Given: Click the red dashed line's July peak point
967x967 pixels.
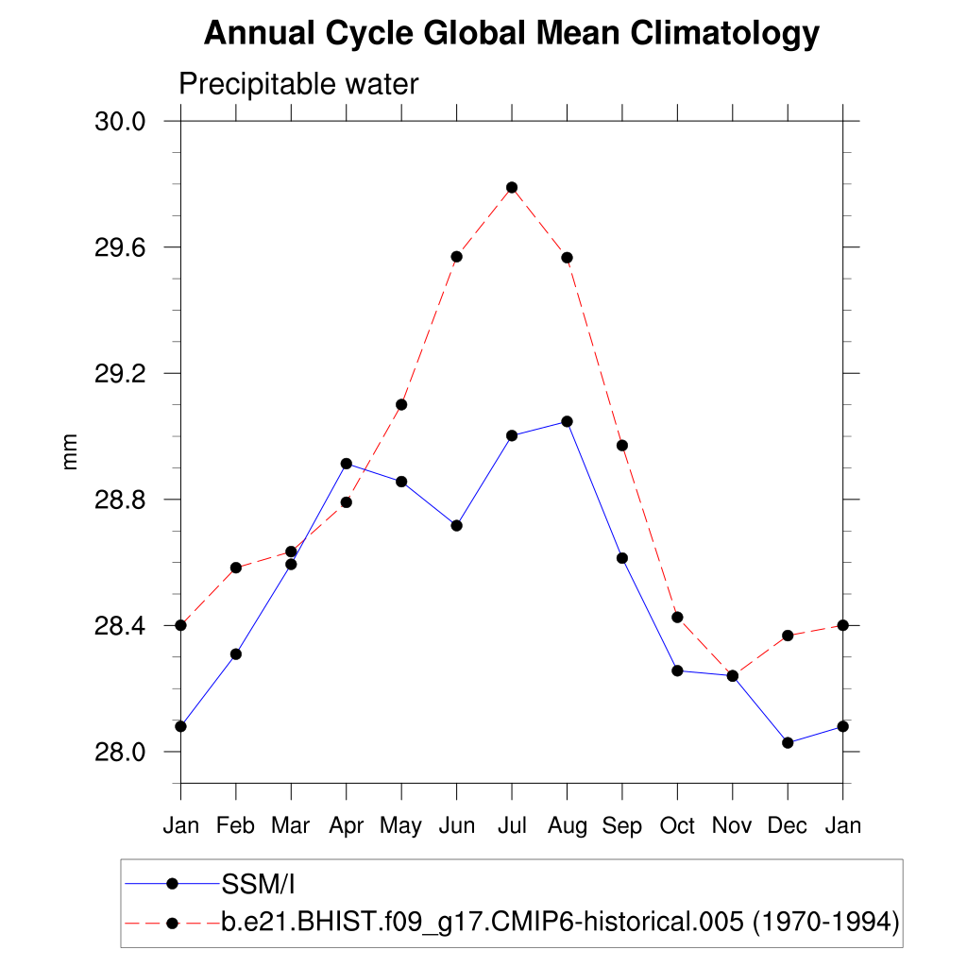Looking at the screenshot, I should point(512,188).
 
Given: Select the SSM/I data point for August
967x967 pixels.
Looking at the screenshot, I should point(567,421).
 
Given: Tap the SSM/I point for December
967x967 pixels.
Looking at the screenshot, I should point(788,743).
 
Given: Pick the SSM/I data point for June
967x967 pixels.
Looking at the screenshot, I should point(456,525).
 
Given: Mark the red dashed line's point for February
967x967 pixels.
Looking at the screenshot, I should point(236,568).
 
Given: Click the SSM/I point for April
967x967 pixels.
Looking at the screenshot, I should point(347,464).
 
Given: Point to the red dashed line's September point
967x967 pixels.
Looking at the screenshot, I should point(622,445).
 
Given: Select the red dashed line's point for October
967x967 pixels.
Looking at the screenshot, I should point(677,617).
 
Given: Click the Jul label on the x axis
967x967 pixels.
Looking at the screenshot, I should point(512,826).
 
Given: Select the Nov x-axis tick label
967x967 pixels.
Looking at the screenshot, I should point(732,826).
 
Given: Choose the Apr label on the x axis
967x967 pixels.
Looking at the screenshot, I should point(347,826).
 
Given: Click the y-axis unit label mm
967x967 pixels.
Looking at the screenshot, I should point(70,451).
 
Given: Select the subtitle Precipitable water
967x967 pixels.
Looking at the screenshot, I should point(298,85).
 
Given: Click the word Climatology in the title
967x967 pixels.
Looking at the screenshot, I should point(724,34).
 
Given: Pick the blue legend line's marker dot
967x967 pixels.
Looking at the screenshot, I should point(172,884).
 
